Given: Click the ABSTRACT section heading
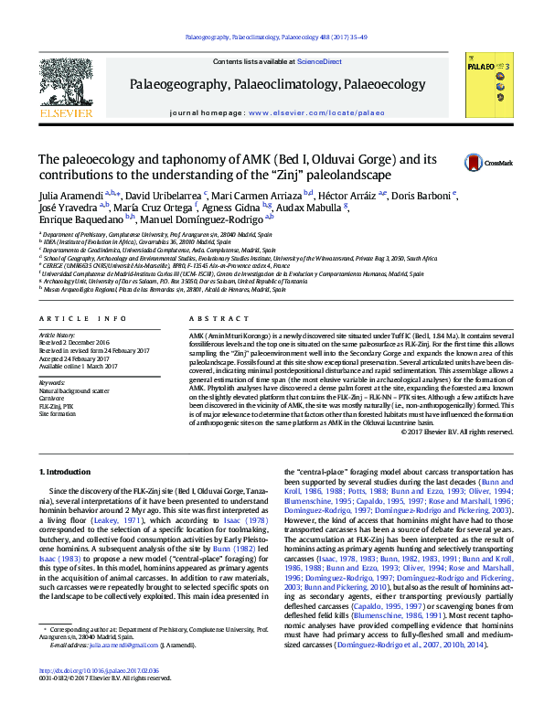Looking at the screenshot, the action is point(206,318).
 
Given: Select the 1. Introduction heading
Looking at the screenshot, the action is point(69,471).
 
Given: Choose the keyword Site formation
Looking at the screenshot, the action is point(57,414).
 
